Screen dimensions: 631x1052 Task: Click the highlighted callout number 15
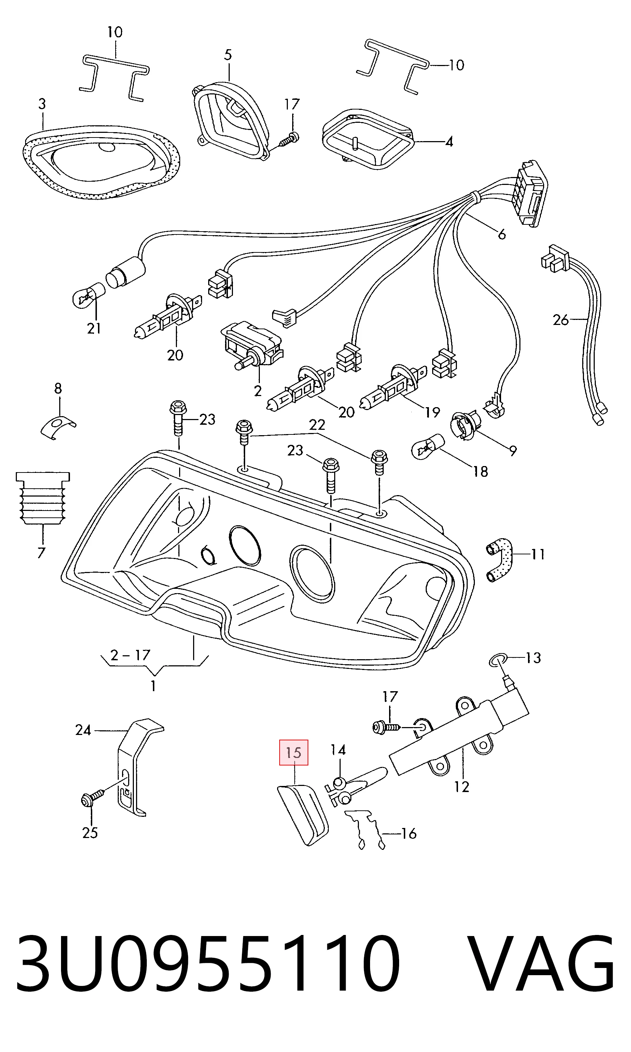click(x=293, y=752)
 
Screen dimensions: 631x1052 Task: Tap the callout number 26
click(x=560, y=320)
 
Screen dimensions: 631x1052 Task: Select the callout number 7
click(x=41, y=553)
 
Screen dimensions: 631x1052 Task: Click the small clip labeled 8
click(x=58, y=427)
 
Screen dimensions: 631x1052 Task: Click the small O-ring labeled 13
click(x=498, y=660)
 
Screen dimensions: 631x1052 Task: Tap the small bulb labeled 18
click(x=428, y=446)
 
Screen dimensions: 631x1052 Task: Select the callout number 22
click(x=317, y=424)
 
